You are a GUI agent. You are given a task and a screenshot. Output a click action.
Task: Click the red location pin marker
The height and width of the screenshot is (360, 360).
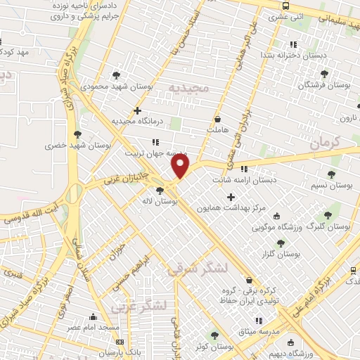click(181, 166)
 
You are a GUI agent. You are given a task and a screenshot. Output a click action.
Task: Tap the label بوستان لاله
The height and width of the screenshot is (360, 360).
click(177, 201)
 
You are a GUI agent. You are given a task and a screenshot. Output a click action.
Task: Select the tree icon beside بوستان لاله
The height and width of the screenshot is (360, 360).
click(161, 189)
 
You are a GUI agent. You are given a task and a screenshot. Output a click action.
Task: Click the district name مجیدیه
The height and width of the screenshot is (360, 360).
click(189, 88)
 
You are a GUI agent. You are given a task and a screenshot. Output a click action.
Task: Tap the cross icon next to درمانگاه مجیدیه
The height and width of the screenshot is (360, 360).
click(137, 110)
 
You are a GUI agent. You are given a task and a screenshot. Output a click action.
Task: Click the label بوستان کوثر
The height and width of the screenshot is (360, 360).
click(214, 346)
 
